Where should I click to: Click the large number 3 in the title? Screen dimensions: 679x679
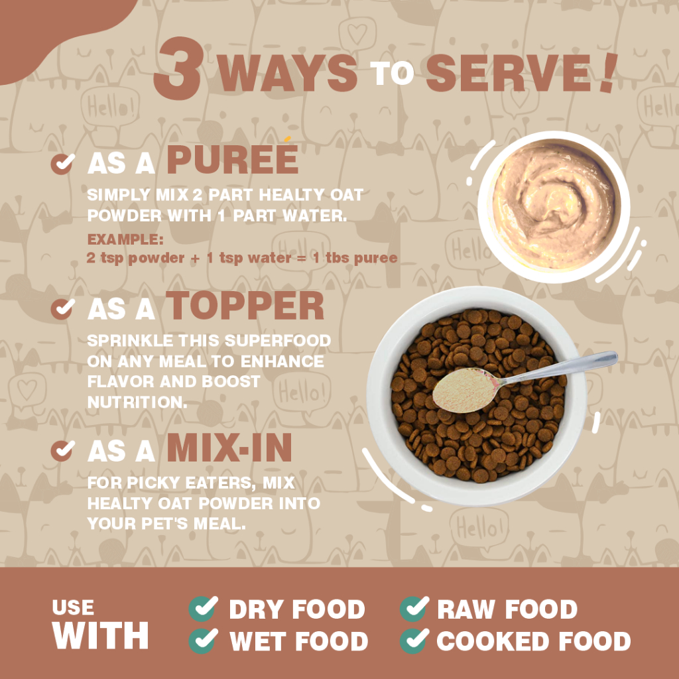[178, 68]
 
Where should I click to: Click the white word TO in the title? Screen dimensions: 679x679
[392, 73]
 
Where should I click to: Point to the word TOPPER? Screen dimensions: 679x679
[245, 306]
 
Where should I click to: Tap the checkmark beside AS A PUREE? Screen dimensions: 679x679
[63, 164]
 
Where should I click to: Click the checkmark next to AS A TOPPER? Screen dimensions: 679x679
[63, 309]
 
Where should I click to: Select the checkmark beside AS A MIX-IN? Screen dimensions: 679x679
[63, 451]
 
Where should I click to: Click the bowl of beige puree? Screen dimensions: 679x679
[554, 207]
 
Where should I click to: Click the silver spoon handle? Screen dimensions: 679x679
[558, 369]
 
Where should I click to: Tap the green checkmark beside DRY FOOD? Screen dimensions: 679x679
[204, 609]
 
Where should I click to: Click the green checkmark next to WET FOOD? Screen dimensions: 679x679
[204, 641]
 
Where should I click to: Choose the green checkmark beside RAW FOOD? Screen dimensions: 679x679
[414, 609]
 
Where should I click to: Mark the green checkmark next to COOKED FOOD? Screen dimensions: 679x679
[414, 641]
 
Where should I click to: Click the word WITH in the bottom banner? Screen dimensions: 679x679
[101, 635]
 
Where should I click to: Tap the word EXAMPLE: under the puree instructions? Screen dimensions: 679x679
[125, 239]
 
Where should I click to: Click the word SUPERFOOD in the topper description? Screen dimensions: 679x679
[278, 341]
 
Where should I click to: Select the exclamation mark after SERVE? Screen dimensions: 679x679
[607, 72]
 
